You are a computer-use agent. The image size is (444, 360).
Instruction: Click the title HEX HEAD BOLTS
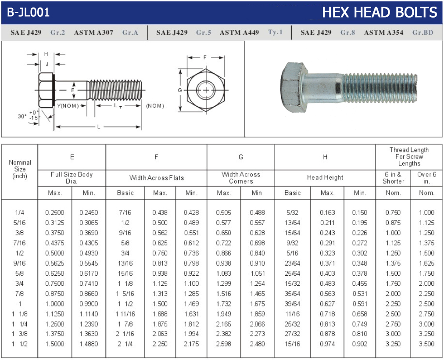(379, 12)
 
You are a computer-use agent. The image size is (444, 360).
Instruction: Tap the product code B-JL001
(29, 13)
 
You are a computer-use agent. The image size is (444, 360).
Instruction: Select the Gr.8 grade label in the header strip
(347, 32)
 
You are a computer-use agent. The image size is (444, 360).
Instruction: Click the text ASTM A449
(239, 32)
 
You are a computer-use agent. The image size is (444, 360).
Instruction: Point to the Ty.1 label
(275, 32)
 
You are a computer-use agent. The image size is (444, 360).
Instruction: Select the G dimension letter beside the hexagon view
(180, 90)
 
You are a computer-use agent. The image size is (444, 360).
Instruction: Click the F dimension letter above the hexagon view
(205, 58)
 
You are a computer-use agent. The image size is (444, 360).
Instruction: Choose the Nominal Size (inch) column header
(20, 169)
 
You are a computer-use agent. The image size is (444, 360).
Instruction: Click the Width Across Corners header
(240, 178)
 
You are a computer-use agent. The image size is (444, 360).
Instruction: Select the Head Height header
(325, 177)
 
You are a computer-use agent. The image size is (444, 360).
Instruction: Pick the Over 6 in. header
(426, 178)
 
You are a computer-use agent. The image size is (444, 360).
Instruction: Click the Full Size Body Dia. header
(72, 178)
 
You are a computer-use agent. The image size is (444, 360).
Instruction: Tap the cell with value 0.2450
(89, 212)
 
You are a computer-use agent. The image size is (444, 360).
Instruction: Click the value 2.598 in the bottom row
(224, 344)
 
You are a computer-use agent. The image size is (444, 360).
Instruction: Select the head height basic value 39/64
(292, 304)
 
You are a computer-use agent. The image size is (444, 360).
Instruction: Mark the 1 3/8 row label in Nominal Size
(20, 334)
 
